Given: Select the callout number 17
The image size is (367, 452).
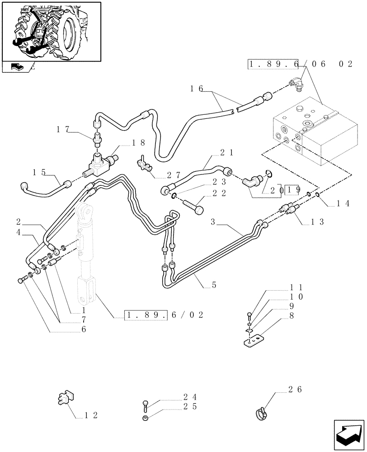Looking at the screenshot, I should click(x=63, y=130).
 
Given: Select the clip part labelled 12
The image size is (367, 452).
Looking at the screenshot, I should click(x=66, y=398).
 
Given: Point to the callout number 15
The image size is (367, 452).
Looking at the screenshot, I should click(x=39, y=172).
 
